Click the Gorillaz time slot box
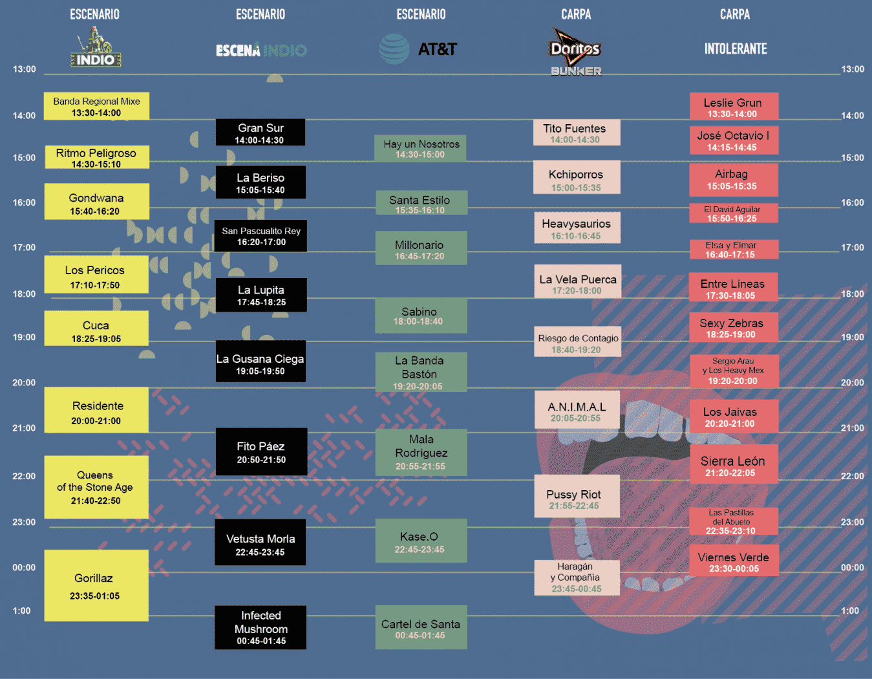coord(96,585)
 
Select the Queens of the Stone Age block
coord(96,487)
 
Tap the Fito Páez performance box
coord(261,452)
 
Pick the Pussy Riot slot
coord(577,497)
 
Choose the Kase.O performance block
coord(421,541)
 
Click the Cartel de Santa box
coord(421,627)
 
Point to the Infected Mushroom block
coord(261,627)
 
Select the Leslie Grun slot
coord(734,106)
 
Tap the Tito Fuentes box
coord(577,133)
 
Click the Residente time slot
coord(96,410)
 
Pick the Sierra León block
coord(734,464)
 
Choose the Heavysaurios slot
coord(577,228)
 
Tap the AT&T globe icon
coord(394,49)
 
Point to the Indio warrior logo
coord(96,47)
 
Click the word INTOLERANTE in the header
coord(736,49)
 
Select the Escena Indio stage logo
coord(261,50)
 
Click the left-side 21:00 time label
coord(24,428)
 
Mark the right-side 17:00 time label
coord(853,248)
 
